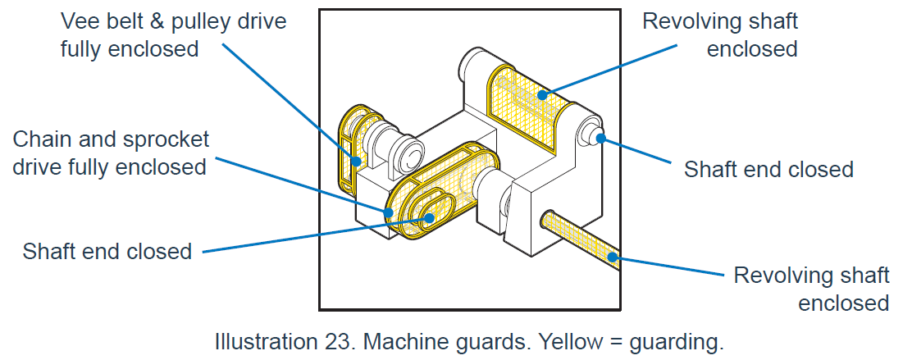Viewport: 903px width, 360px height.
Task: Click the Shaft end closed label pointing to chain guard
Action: (107, 251)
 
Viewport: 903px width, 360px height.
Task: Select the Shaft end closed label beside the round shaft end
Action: (768, 170)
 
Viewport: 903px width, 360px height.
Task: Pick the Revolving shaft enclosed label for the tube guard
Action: (811, 288)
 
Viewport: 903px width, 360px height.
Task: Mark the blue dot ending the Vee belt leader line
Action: (356, 161)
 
